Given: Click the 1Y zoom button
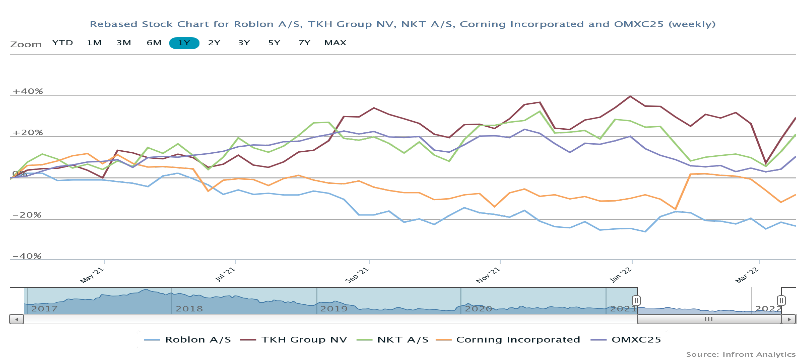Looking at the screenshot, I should (184, 43).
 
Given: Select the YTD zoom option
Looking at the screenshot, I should (63, 43).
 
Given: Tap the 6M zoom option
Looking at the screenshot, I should (154, 43).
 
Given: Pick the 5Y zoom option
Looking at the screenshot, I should (274, 43).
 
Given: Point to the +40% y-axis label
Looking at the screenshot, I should (27, 91).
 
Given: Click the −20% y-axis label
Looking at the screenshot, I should (27, 215).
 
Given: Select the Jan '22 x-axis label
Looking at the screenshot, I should (621, 275).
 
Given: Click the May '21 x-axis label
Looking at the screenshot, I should (92, 275).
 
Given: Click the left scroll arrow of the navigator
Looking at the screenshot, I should (17, 319).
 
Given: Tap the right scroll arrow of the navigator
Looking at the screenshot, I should (789, 319).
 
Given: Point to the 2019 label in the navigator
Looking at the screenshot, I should (334, 309).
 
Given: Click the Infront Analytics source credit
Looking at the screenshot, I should (740, 354).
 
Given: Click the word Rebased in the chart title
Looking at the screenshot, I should (114, 24).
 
